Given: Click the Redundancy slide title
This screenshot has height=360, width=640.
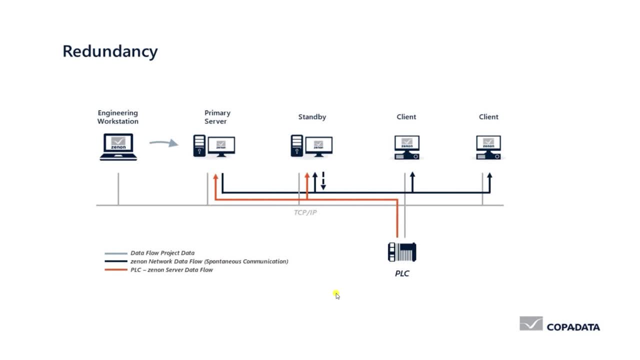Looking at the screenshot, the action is pos(110,52).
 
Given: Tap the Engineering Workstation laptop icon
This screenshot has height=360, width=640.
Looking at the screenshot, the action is pos(118,147).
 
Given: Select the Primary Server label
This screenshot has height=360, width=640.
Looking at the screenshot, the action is pos(217,117).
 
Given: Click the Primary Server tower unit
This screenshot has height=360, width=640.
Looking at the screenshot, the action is pos(199,145).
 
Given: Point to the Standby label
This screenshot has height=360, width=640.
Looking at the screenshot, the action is pos(312,117).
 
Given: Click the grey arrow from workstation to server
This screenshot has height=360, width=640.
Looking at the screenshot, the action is pos(163,143).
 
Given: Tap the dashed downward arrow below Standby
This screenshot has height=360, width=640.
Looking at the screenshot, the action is pos(323,181).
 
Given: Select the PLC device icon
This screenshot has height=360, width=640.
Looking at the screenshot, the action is pos(402,252).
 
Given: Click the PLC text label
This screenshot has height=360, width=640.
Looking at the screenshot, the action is pos(402,273).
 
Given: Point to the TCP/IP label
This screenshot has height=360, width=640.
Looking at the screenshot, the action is pos(305,212).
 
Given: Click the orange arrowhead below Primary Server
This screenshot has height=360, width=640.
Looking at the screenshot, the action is pos(215,176).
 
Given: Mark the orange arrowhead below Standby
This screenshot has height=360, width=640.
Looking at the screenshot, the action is pos(307,175).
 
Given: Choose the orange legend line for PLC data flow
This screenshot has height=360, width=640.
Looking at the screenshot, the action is pos(116,269).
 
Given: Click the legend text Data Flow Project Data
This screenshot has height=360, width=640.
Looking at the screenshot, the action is pos(162,253).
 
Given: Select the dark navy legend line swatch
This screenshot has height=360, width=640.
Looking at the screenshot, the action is pos(116,261).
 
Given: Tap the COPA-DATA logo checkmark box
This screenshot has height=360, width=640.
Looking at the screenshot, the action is pos(531,323).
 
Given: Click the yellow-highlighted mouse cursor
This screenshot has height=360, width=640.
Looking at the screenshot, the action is pos(336,294).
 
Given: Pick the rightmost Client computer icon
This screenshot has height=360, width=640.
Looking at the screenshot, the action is pos(488,147).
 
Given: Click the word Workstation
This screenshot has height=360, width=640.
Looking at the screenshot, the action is pos(117,121).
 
